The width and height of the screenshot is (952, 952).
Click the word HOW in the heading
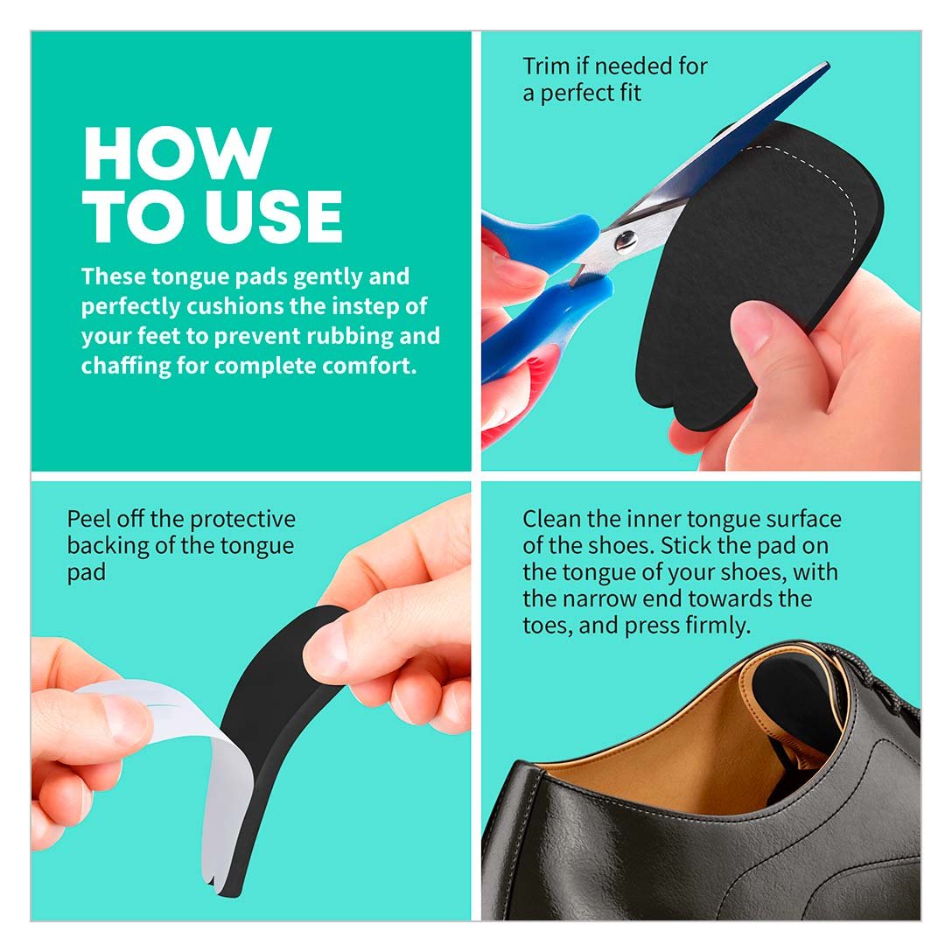[178, 153]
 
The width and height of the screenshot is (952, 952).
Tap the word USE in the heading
[274, 216]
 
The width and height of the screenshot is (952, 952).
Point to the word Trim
[546, 66]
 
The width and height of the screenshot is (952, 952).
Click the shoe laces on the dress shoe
[874, 674]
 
